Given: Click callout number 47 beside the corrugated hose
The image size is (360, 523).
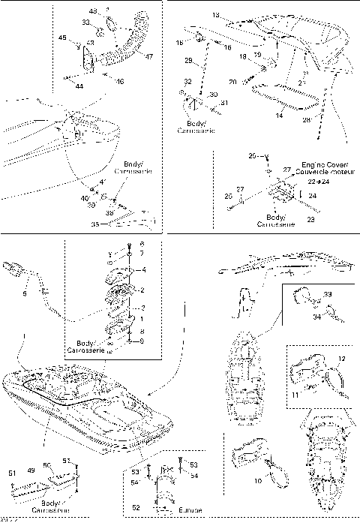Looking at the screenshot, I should [149, 56].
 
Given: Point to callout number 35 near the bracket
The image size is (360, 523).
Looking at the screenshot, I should [94, 224].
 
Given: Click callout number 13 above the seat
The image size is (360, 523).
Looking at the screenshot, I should [217, 14].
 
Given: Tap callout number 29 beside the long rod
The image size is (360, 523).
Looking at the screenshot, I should [189, 60].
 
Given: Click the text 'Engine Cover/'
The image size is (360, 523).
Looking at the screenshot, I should [321, 163].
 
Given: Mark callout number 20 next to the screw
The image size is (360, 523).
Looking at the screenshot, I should [232, 80].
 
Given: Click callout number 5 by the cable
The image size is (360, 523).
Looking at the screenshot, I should [24, 295].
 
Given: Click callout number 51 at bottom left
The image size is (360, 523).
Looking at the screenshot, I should [11, 473].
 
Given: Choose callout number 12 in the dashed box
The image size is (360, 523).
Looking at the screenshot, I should [342, 359].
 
